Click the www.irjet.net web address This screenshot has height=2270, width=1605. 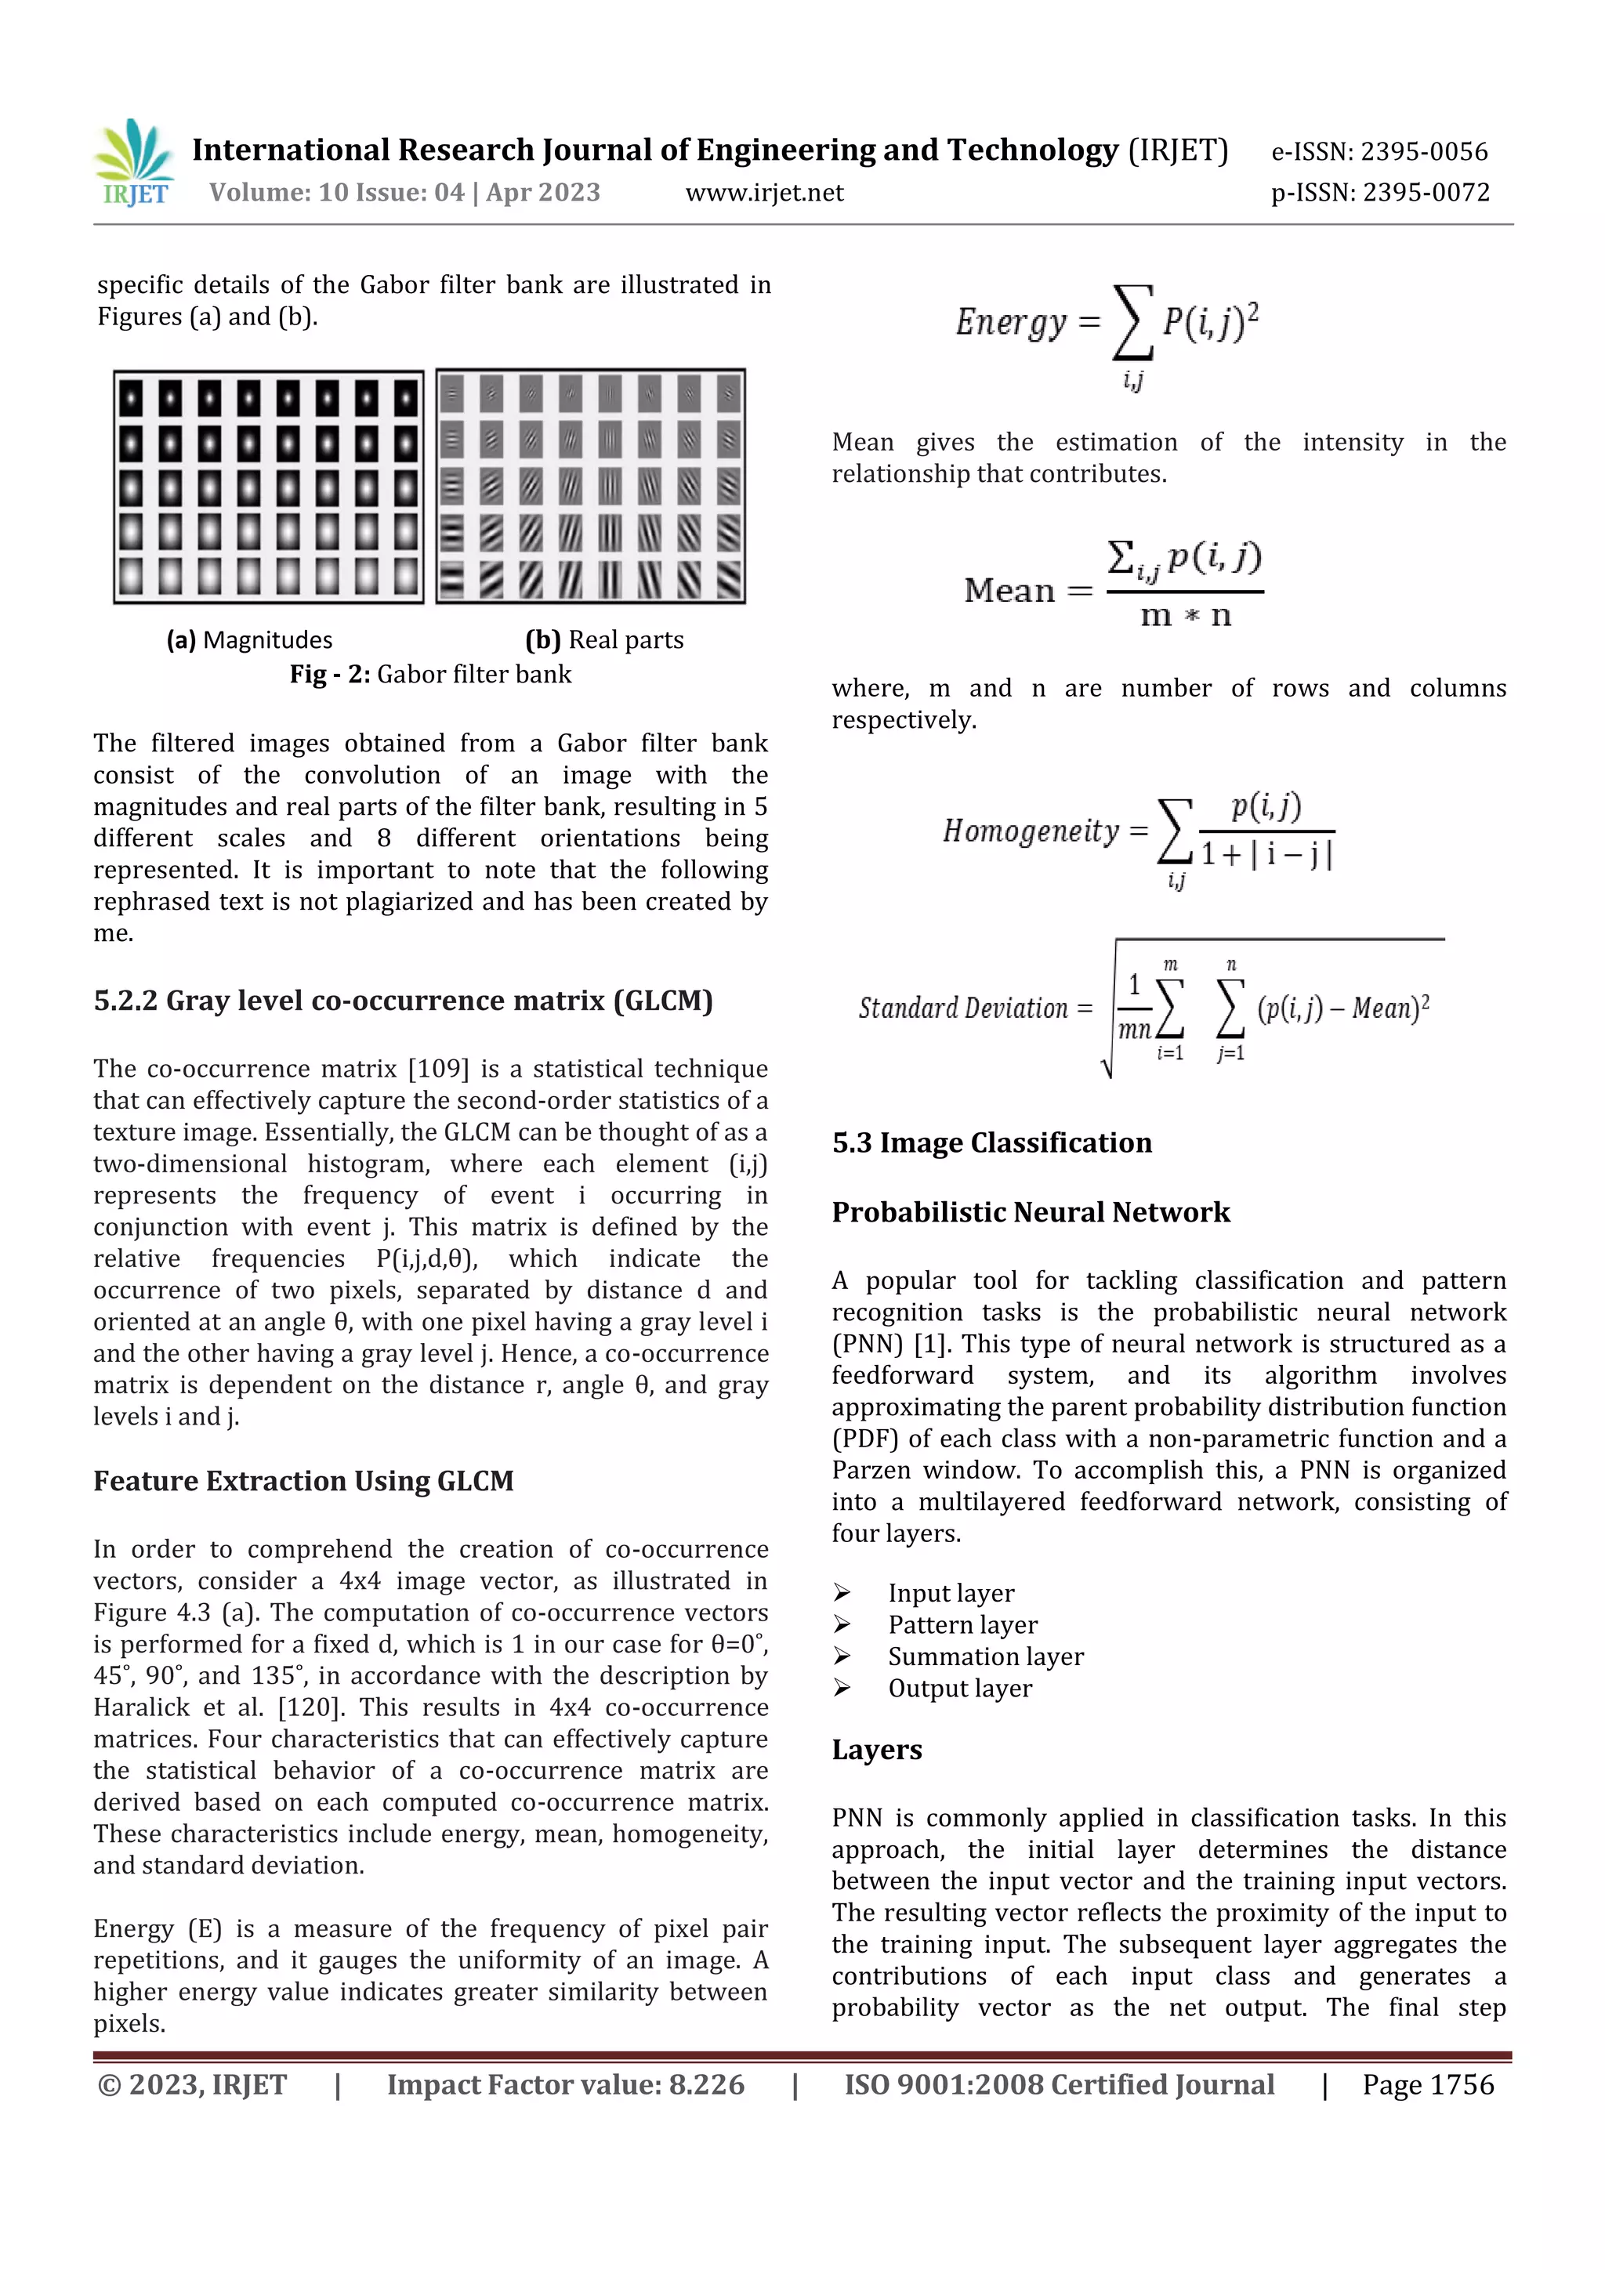tap(763, 193)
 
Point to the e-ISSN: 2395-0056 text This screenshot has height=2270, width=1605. tap(1379, 151)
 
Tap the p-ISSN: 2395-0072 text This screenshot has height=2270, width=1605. tap(1379, 192)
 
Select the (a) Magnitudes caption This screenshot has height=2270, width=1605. tap(249, 639)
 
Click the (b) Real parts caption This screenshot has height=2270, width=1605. tap(604, 639)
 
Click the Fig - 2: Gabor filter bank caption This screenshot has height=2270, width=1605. tap(430, 675)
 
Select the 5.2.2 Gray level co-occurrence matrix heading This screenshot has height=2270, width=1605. tap(403, 1001)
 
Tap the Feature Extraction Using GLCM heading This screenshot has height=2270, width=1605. tap(303, 1481)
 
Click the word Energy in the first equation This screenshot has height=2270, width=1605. tap(1011, 322)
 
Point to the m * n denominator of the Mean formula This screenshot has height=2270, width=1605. tap(1185, 616)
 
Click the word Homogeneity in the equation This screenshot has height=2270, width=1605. tap(1031, 831)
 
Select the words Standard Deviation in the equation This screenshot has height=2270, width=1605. tap(962, 1008)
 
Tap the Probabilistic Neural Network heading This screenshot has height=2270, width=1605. tap(1031, 1212)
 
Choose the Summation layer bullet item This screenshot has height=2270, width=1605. tap(985, 1656)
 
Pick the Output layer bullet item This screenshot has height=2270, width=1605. tap(959, 1688)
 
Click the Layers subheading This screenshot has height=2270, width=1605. tap(876, 1749)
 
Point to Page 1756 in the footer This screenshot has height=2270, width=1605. tap(1427, 2084)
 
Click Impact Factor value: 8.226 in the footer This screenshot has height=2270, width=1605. tap(566, 2084)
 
